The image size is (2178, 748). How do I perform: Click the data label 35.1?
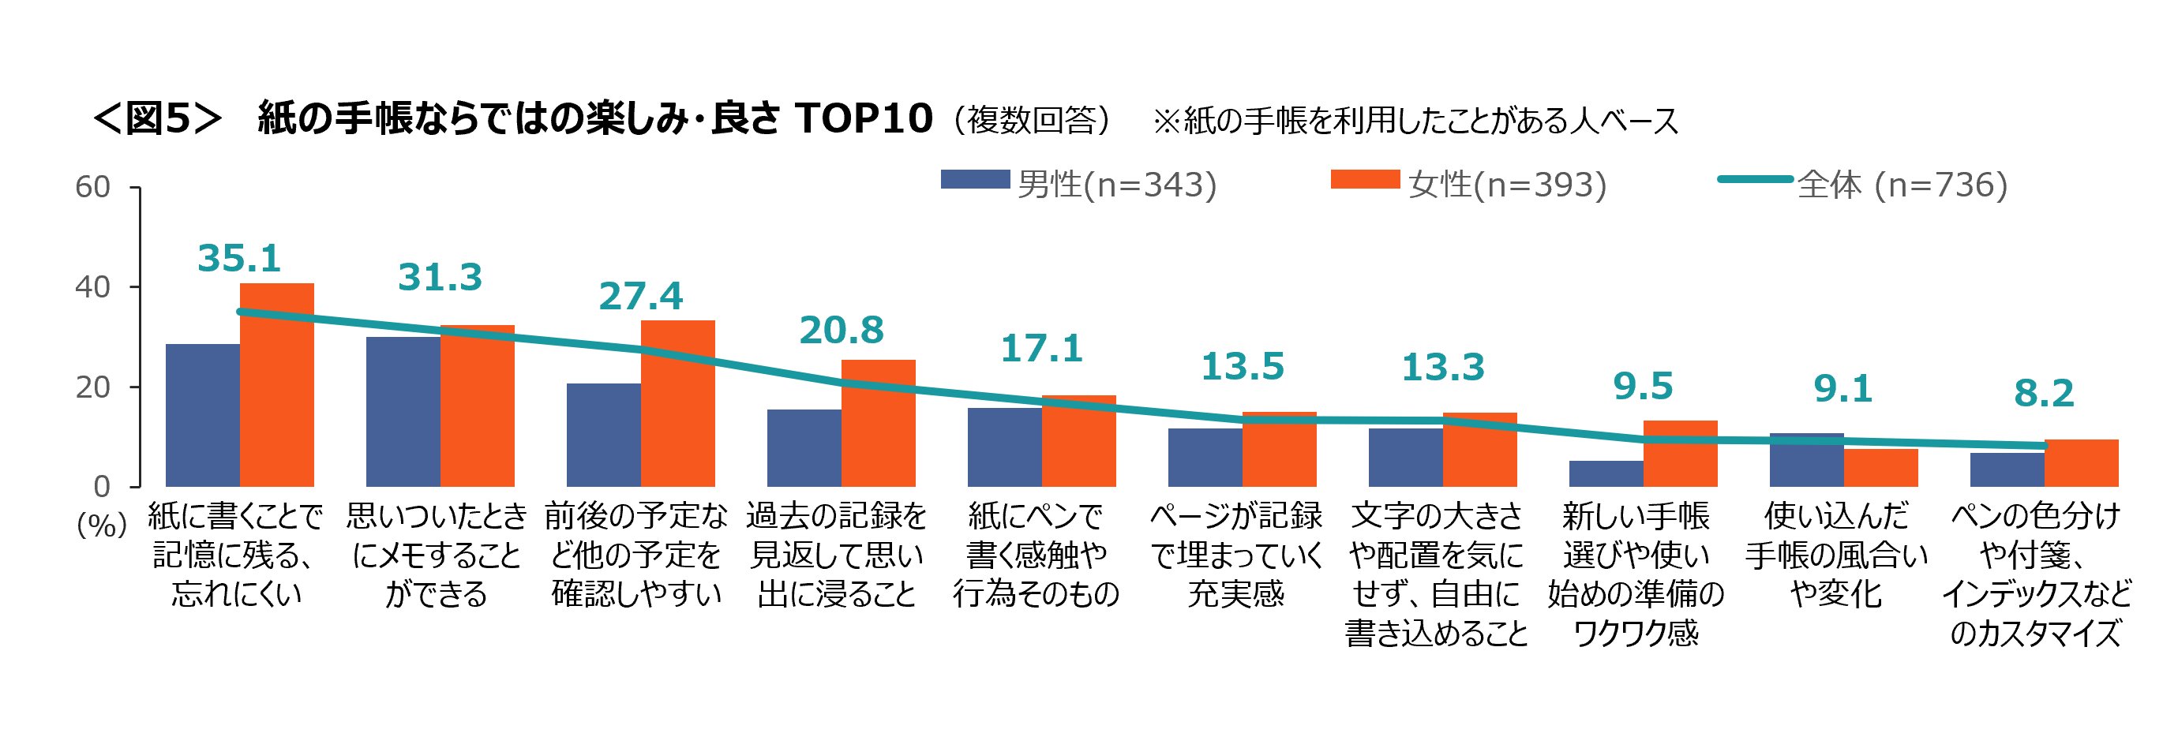pos(239,259)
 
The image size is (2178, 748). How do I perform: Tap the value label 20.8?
pos(842,331)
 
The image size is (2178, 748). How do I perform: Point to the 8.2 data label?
pos(2044,394)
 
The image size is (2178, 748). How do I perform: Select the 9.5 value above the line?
pos(1643,387)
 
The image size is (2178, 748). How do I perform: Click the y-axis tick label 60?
pos(93,187)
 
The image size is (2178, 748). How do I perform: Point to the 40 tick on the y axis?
pos(93,287)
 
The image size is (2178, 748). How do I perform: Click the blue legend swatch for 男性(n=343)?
pos(975,180)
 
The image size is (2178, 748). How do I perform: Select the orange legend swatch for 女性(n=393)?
pos(1365,180)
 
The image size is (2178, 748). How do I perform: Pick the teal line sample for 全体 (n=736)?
pos(1755,180)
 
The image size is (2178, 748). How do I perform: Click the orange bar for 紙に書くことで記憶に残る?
pos(276,385)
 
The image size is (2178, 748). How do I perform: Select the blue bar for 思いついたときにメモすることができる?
pos(403,412)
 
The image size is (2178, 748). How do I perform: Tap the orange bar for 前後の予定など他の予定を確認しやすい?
pos(677,404)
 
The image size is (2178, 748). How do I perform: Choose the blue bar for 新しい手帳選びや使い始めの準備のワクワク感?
pos(1606,474)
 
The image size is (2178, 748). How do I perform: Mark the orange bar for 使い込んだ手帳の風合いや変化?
pos(1880,468)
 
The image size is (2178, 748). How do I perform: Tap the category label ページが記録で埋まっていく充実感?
pos(1236,555)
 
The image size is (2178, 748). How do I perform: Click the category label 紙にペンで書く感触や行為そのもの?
pos(1036,555)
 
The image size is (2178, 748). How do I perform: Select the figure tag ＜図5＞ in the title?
pos(157,119)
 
